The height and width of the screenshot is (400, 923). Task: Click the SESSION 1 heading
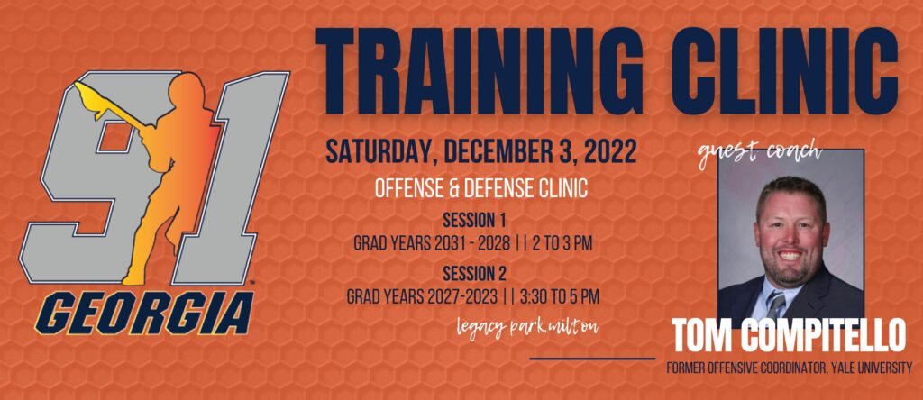click(474, 221)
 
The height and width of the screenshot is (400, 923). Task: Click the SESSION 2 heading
click(474, 273)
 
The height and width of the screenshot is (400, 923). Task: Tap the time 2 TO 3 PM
click(561, 243)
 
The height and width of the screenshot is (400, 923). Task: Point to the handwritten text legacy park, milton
click(527, 328)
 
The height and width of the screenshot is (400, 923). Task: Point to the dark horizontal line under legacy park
click(592, 358)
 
